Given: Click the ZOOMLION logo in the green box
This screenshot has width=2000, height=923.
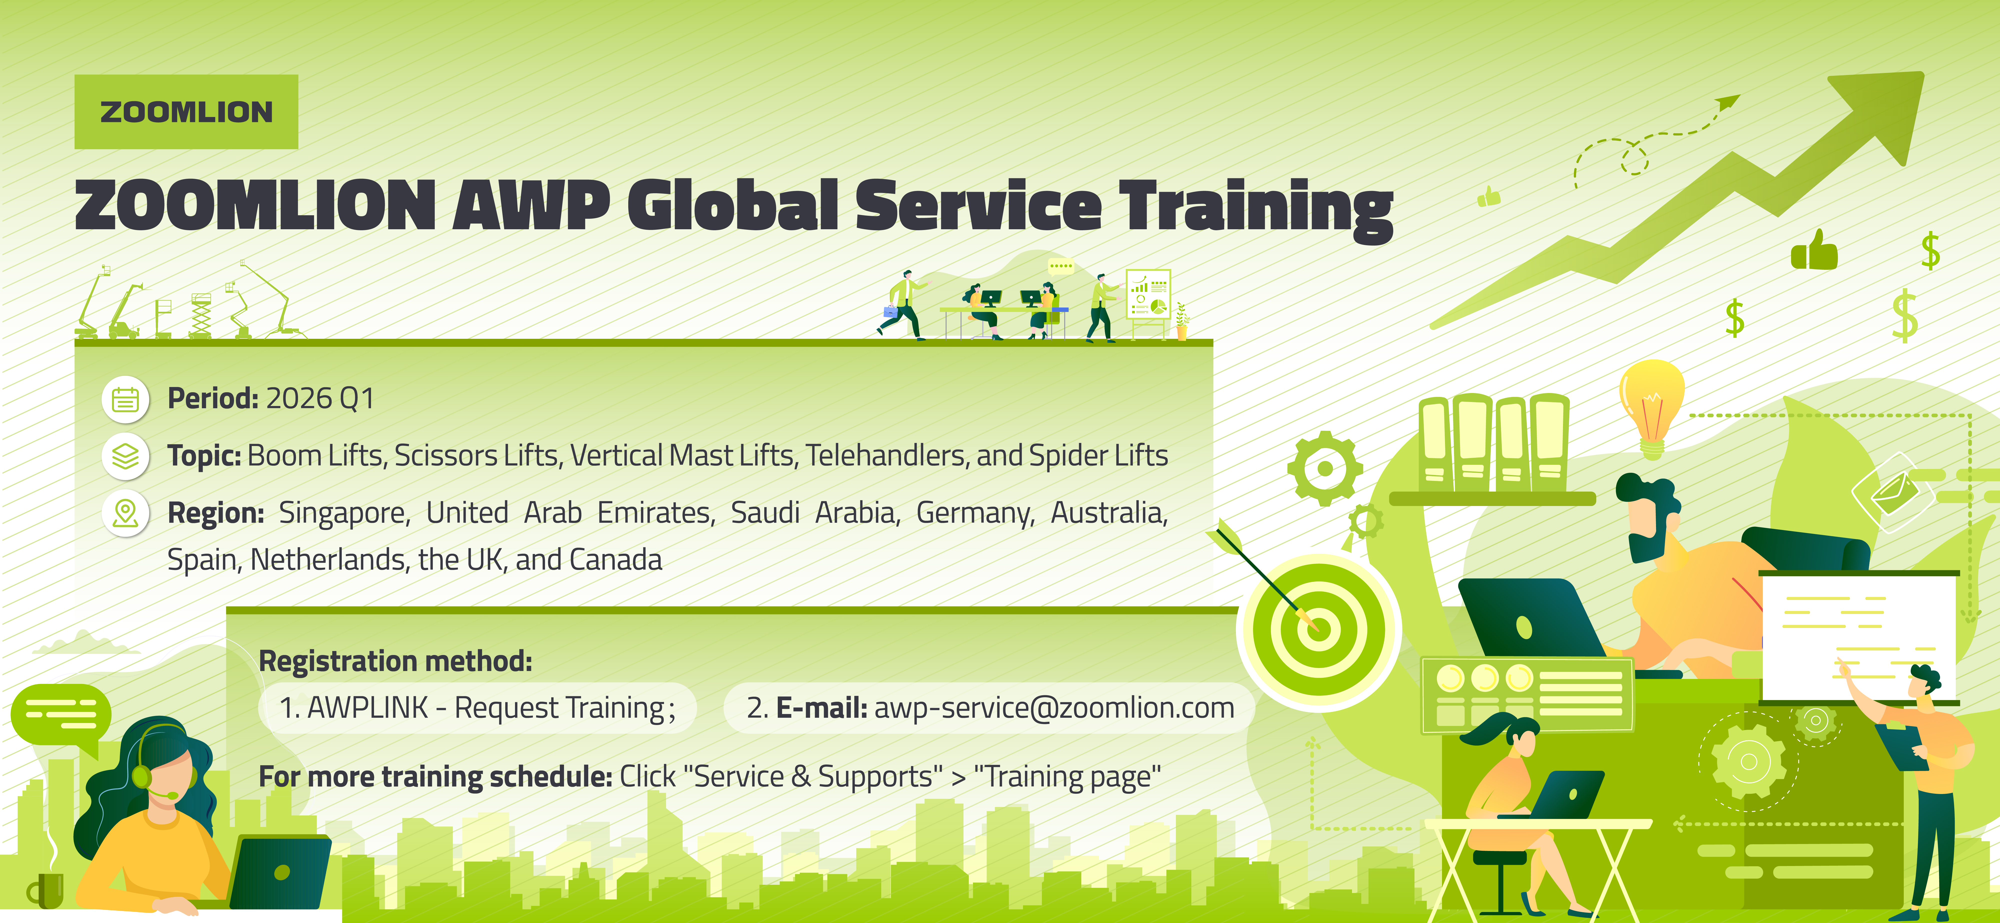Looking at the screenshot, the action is (x=186, y=112).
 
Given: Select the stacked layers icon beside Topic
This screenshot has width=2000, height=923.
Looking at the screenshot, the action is (x=125, y=456).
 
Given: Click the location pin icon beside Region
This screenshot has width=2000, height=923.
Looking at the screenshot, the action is (x=125, y=513).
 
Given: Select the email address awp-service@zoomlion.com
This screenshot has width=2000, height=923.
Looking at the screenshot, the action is (x=1053, y=708).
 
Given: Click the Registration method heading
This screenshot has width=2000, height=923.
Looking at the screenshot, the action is (x=395, y=661).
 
